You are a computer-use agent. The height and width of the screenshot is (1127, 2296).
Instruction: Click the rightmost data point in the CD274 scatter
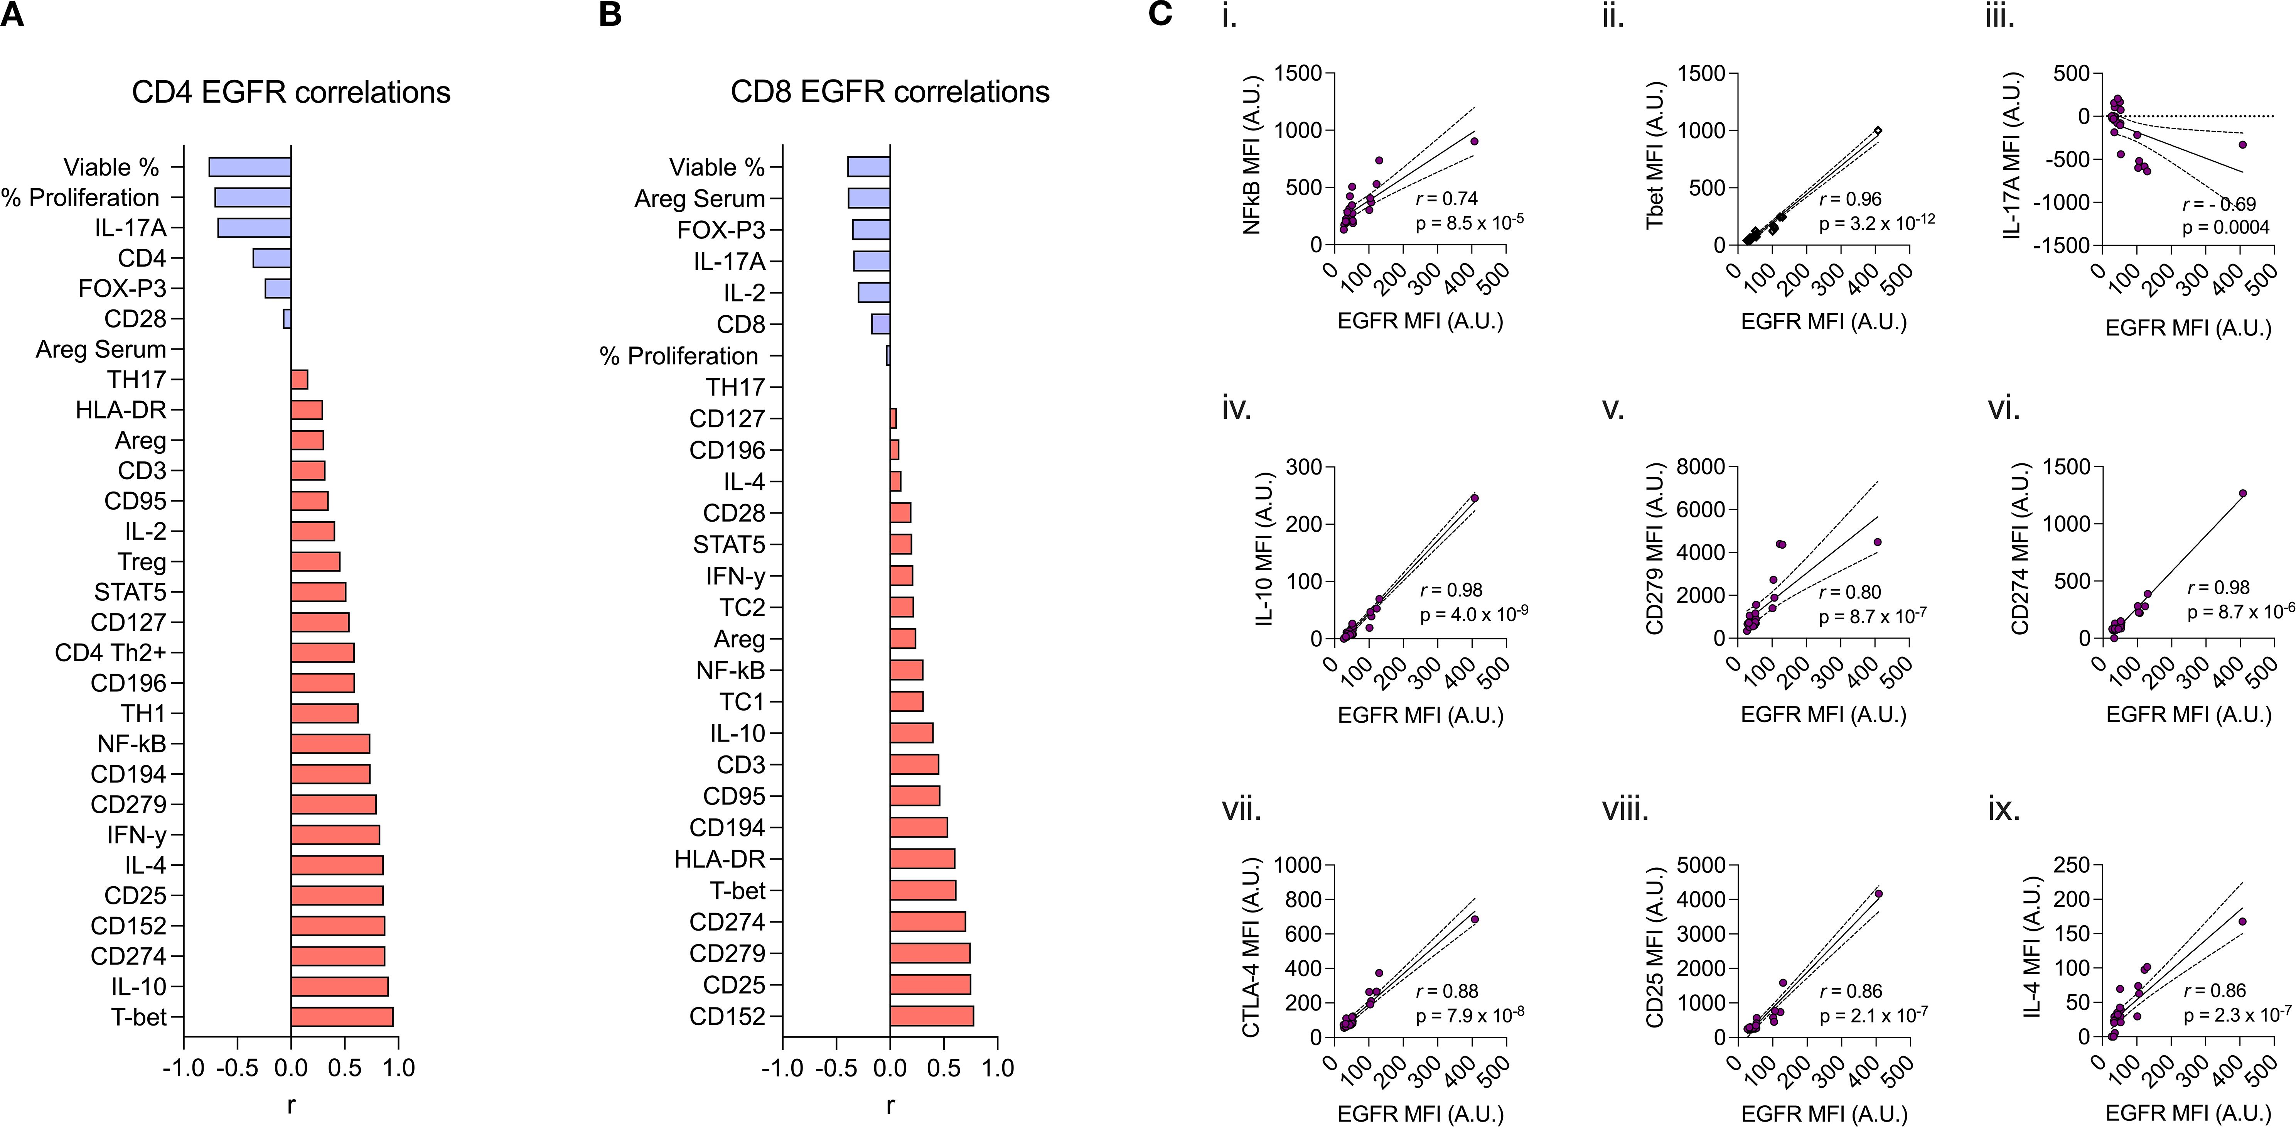pos(2242,493)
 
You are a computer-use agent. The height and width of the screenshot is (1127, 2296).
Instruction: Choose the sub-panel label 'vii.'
pos(1241,809)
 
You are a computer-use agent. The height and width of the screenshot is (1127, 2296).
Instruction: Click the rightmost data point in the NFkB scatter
pos(1474,141)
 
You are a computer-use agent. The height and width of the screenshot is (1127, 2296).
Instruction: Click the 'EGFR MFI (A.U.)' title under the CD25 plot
pos(1824,1113)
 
